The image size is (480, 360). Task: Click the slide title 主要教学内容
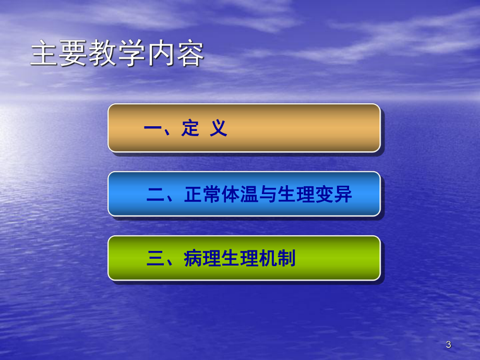(117, 55)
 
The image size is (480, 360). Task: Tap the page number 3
(448, 344)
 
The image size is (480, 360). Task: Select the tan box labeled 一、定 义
(244, 128)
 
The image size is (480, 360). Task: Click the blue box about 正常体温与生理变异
(244, 194)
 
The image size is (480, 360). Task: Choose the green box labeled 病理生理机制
(244, 258)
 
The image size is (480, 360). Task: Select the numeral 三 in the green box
(155, 259)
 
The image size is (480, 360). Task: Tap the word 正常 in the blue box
(202, 195)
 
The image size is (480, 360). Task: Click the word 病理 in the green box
(202, 259)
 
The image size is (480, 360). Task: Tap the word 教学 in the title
(117, 55)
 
